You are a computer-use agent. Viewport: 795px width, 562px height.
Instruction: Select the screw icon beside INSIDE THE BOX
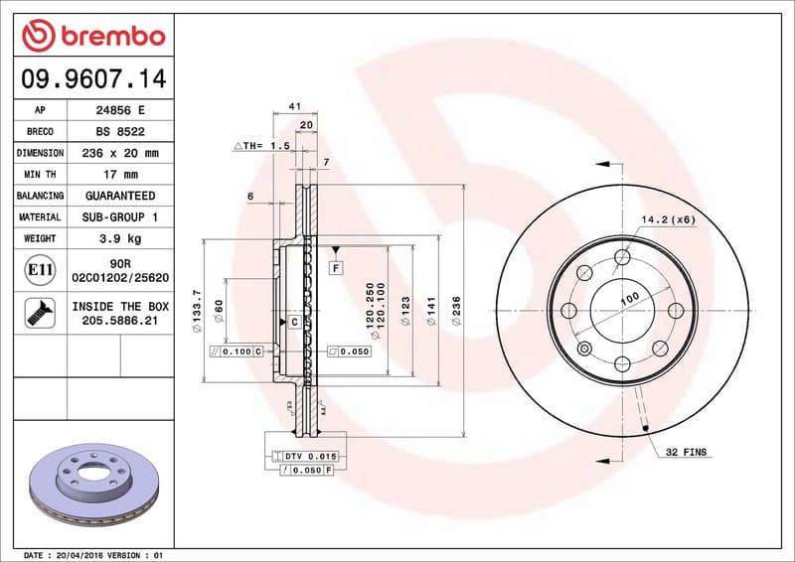tap(38, 314)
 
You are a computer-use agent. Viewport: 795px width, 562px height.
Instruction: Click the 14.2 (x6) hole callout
tap(667, 219)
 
